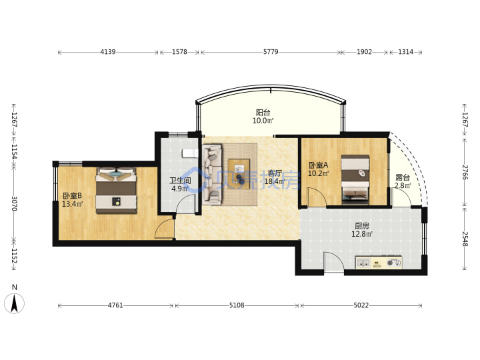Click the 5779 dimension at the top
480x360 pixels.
[271, 52]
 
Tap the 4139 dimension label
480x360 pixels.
[108, 52]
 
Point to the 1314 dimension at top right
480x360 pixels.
[405, 52]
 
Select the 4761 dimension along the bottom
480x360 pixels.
[115, 305]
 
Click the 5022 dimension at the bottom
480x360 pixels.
[361, 305]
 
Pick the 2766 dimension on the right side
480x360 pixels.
[465, 173]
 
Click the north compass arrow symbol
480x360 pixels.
[14, 303]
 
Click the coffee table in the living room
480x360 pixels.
[239, 174]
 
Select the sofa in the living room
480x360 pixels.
[212, 174]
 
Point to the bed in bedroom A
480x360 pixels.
[355, 180]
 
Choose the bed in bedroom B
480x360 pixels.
[116, 190]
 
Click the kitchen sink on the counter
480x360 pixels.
[363, 263]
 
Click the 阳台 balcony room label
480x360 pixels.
[263, 113]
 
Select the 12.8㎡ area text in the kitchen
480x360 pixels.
[362, 234]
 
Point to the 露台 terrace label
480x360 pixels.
[403, 177]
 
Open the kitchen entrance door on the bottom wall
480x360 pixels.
[334, 261]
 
